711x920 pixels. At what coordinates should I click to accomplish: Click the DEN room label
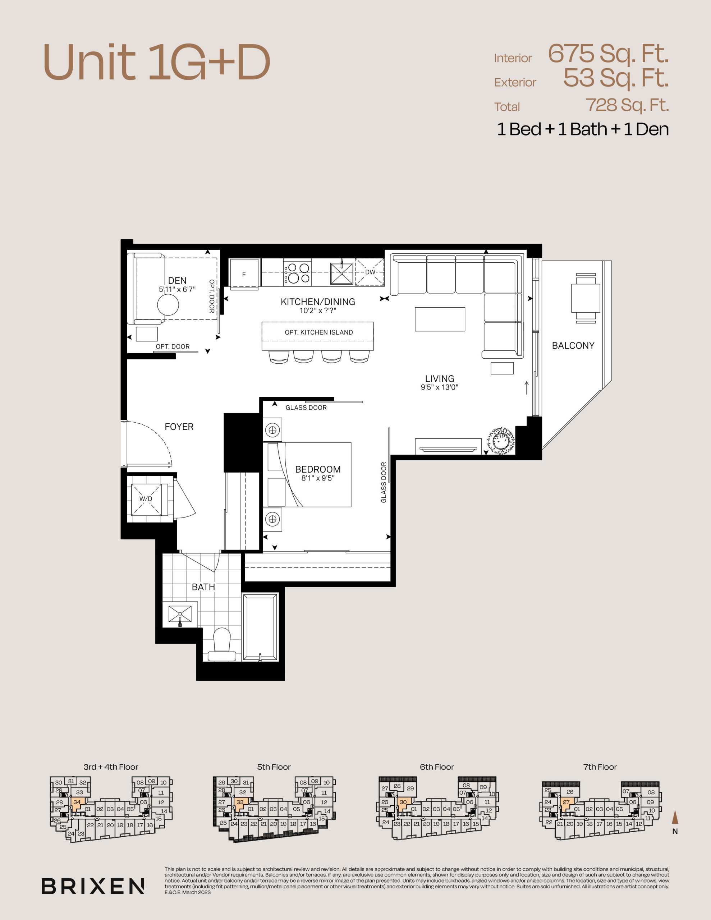pyautogui.click(x=177, y=281)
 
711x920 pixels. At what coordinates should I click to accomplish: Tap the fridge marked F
pyautogui.click(x=244, y=274)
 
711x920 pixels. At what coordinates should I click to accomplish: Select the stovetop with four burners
pyautogui.click(x=297, y=272)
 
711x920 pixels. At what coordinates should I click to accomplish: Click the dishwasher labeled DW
pyautogui.click(x=370, y=272)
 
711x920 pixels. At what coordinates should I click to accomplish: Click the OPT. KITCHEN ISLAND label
pyautogui.click(x=318, y=332)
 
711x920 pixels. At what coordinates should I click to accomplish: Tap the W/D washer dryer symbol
pyautogui.click(x=146, y=499)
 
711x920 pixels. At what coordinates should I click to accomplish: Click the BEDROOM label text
pyautogui.click(x=318, y=469)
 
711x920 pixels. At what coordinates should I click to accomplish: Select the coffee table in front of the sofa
pyautogui.click(x=440, y=319)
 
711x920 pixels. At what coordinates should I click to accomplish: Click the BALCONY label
pyautogui.click(x=573, y=345)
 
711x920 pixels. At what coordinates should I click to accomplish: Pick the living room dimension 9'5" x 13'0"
pyautogui.click(x=440, y=387)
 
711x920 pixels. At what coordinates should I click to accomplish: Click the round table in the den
pyautogui.click(x=168, y=304)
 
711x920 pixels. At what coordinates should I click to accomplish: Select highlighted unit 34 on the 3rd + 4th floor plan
pyautogui.click(x=78, y=802)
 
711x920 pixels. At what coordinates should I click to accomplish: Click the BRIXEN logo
pyautogui.click(x=93, y=886)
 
